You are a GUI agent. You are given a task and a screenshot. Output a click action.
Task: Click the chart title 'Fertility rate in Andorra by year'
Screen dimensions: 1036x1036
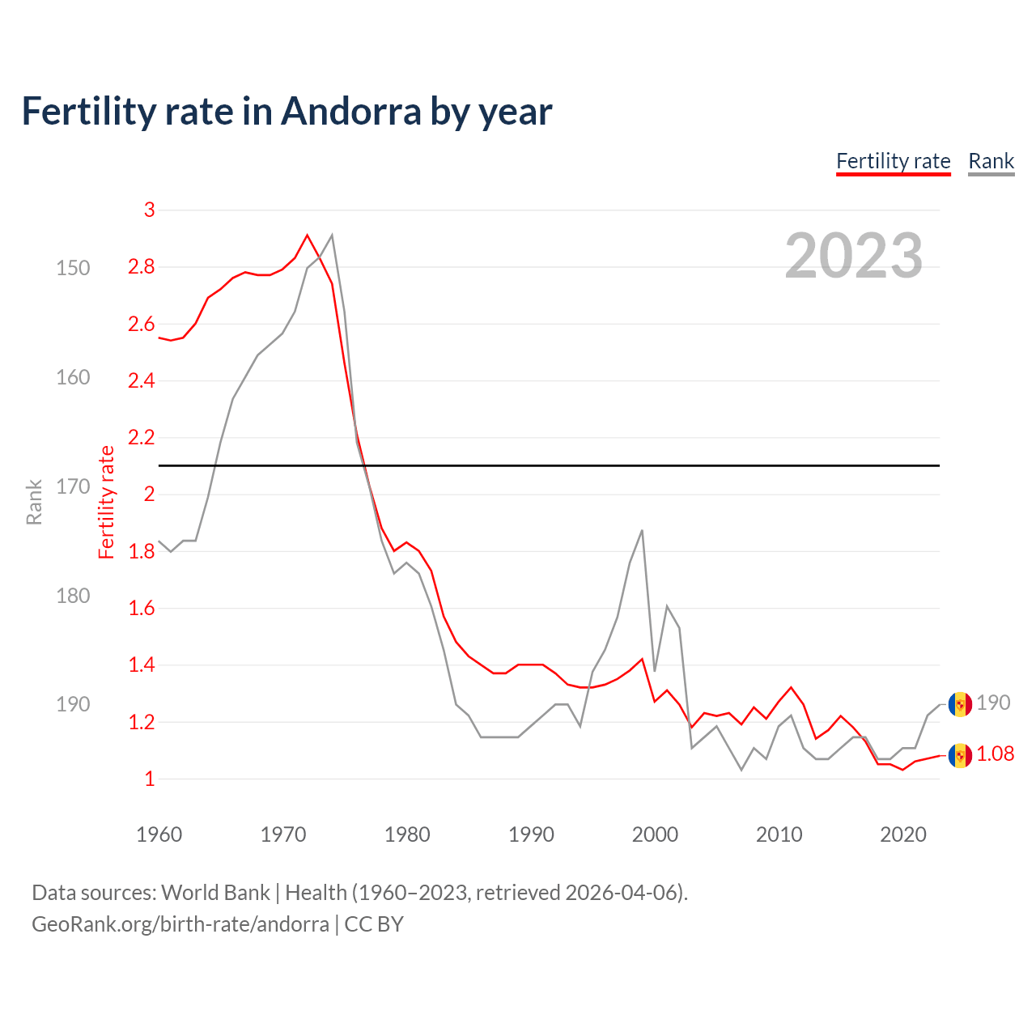287,112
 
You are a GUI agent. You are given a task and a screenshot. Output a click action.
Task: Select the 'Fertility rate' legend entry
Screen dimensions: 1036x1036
893,161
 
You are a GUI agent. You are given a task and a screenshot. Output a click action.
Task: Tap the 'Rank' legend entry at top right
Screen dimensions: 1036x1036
991,161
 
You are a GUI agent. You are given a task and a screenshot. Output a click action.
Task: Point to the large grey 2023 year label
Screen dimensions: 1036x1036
853,256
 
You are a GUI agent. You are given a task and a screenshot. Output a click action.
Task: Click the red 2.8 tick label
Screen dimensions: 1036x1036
141,267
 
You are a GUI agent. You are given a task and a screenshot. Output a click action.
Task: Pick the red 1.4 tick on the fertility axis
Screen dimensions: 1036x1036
141,665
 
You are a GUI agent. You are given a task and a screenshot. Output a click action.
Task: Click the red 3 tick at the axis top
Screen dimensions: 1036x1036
149,210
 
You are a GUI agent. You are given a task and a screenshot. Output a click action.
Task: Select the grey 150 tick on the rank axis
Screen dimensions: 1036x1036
73,268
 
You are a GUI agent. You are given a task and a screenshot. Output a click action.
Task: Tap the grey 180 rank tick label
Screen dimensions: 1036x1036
73,596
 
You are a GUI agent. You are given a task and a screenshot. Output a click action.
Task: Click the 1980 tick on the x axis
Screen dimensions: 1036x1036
407,834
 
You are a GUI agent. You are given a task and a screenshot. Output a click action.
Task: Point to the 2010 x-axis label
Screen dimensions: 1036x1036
779,834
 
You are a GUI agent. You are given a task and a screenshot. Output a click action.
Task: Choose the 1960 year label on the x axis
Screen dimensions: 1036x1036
159,834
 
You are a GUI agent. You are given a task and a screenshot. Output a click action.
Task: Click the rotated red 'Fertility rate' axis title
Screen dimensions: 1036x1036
107,502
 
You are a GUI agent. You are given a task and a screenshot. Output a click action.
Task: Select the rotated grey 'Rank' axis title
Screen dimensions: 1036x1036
34,502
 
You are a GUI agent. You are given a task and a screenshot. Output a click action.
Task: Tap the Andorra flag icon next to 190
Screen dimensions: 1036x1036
960,703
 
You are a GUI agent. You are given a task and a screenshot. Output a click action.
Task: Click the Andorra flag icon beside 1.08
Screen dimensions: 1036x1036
960,755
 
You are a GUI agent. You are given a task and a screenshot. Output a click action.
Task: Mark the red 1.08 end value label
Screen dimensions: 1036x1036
995,754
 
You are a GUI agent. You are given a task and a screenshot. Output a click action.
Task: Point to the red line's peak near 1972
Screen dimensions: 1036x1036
307,236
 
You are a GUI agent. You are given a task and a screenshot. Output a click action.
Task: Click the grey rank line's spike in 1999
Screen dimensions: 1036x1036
642,531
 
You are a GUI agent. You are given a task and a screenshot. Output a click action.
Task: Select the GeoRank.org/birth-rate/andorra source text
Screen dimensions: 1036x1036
180,924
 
